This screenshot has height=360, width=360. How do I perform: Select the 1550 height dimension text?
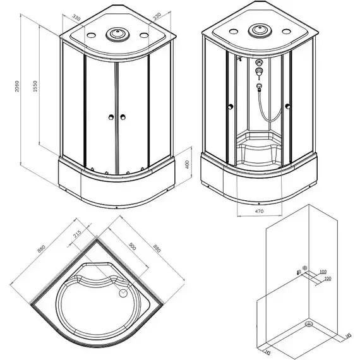coord(37,90)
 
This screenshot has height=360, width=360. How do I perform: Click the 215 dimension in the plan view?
coord(77,234)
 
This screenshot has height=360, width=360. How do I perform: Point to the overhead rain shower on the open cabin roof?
coord(258,30)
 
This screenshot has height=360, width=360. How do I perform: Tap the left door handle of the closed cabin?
coord(111,117)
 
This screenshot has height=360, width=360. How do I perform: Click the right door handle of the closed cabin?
coord(121,117)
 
